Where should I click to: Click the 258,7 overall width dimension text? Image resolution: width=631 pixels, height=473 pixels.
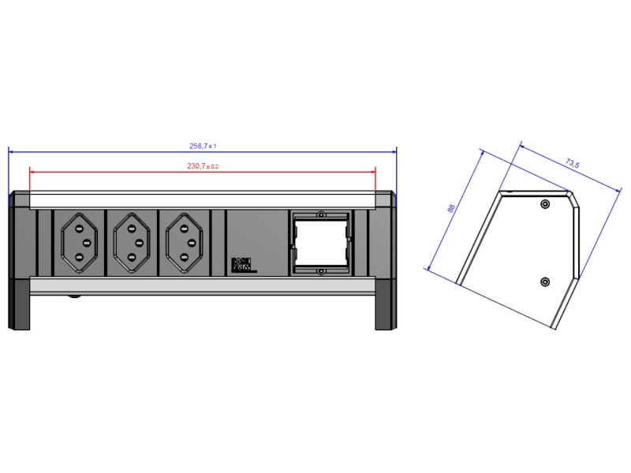pos(203,146)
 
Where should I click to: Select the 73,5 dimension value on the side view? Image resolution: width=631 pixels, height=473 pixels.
pos(573,164)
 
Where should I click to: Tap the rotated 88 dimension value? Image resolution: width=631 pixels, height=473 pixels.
pos(451,209)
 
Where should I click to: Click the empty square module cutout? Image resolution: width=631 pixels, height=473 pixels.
pos(320,243)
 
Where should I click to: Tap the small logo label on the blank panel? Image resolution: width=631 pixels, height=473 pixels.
pos(241,265)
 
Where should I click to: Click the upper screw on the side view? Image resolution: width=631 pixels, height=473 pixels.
pos(545,205)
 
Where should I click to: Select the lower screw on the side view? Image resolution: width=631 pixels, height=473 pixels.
pos(545,282)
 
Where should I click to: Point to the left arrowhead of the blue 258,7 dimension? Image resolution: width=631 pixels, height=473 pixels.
pos(11,151)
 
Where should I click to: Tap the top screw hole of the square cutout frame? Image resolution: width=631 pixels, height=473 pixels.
pos(320,214)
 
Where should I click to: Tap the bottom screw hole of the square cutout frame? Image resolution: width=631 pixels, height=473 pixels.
pos(320,272)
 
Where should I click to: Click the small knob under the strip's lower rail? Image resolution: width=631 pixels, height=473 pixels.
pos(74,296)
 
